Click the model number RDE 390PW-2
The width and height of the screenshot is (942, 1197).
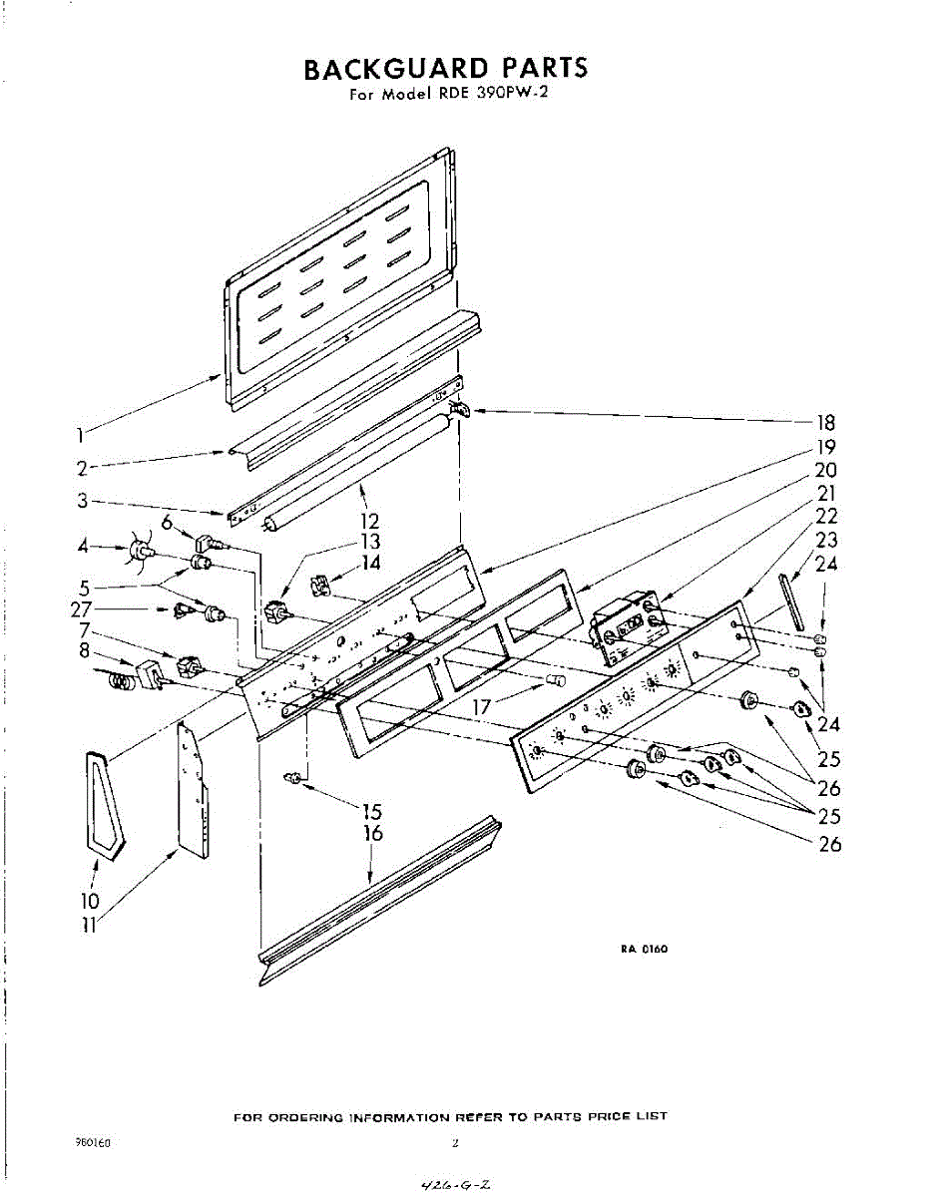click(x=494, y=96)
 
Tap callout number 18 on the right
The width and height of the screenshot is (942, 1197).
click(x=824, y=422)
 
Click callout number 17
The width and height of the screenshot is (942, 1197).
click(x=483, y=706)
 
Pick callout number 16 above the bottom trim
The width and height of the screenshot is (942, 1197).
click(x=374, y=833)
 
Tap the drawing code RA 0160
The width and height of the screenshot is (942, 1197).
click(x=644, y=949)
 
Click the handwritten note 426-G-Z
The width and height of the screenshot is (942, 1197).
click(x=454, y=1185)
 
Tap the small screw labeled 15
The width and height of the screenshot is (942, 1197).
click(x=293, y=777)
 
